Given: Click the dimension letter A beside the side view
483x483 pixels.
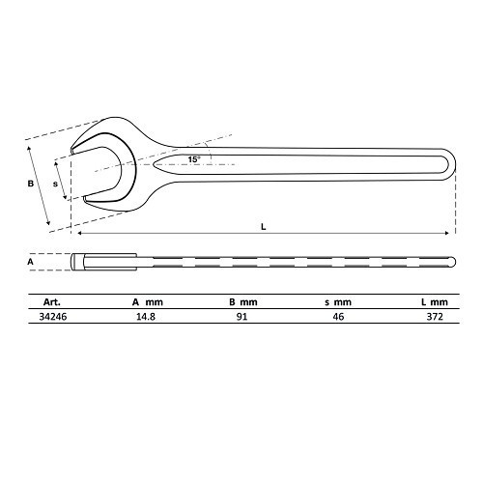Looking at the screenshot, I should [x=30, y=262].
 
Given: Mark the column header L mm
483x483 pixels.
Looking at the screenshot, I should [x=436, y=301].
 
